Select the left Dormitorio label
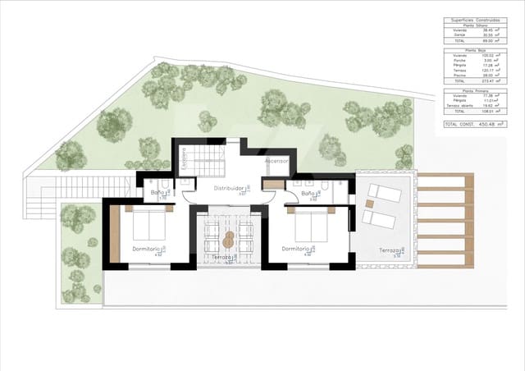[147, 249]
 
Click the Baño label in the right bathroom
[308, 193]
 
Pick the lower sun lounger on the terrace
[379, 218]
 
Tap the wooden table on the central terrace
[228, 240]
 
